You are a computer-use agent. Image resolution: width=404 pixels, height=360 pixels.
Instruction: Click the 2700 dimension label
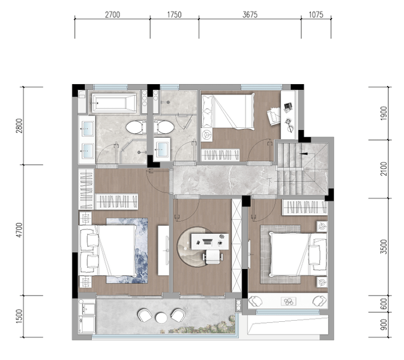coord(112,15)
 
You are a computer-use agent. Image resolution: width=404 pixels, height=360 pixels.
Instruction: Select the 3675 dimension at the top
coord(250,15)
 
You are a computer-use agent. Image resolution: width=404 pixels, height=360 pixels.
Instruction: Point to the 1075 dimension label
coord(316,15)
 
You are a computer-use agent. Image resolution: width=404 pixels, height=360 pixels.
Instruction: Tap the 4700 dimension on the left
coord(19,230)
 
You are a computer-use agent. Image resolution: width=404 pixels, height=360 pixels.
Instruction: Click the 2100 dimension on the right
coord(384,169)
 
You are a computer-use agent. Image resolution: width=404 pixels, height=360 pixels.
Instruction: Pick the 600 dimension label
coord(384,304)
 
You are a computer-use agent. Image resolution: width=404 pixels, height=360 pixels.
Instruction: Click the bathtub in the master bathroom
coord(114,103)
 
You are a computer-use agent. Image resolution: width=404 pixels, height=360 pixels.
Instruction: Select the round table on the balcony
coord(161,317)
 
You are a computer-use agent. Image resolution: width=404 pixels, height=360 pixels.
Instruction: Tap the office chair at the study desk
coord(213,257)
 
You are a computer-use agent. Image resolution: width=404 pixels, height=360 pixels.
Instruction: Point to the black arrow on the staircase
coord(303,154)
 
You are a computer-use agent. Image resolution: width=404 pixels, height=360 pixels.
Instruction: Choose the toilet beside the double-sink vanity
coord(134,127)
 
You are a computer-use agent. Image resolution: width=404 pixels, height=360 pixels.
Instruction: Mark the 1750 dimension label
coord(174,15)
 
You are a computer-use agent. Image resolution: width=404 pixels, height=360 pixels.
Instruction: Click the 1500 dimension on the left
coord(19,316)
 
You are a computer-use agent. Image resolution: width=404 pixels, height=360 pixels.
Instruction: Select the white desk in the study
coord(210,241)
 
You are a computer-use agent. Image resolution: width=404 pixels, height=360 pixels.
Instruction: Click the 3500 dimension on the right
coord(384,247)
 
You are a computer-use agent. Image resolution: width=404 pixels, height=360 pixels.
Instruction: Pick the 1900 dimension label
coord(384,113)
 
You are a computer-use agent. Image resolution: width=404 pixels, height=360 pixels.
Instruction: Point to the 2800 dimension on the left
coord(19,126)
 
